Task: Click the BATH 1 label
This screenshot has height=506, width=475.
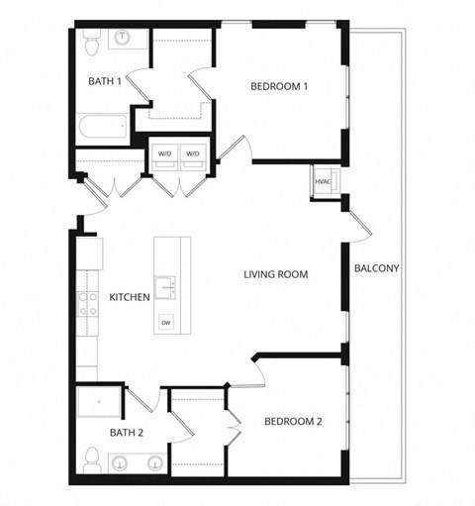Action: tap(104, 82)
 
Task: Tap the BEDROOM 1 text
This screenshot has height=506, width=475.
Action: tap(279, 87)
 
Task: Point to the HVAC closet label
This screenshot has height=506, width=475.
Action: tap(323, 182)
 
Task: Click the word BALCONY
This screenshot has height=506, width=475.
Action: tap(376, 268)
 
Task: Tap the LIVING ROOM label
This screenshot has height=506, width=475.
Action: tap(276, 274)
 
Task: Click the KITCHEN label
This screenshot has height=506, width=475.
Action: tap(129, 297)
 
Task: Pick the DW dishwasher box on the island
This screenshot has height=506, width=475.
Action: tap(165, 322)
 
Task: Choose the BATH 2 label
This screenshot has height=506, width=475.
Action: tap(127, 433)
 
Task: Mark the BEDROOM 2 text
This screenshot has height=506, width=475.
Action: tap(293, 422)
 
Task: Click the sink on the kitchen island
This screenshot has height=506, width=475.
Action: tap(167, 287)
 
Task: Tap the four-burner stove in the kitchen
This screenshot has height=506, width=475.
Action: tap(87, 304)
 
